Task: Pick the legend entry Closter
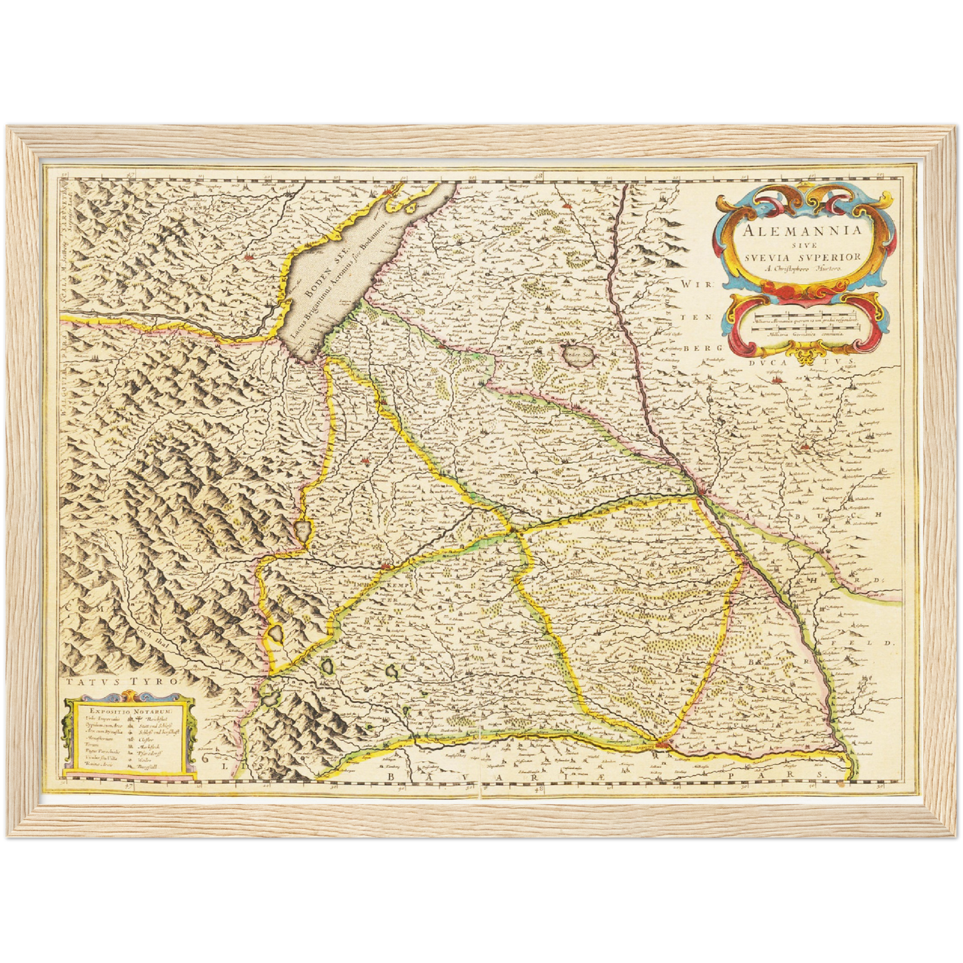coord(146,740)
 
